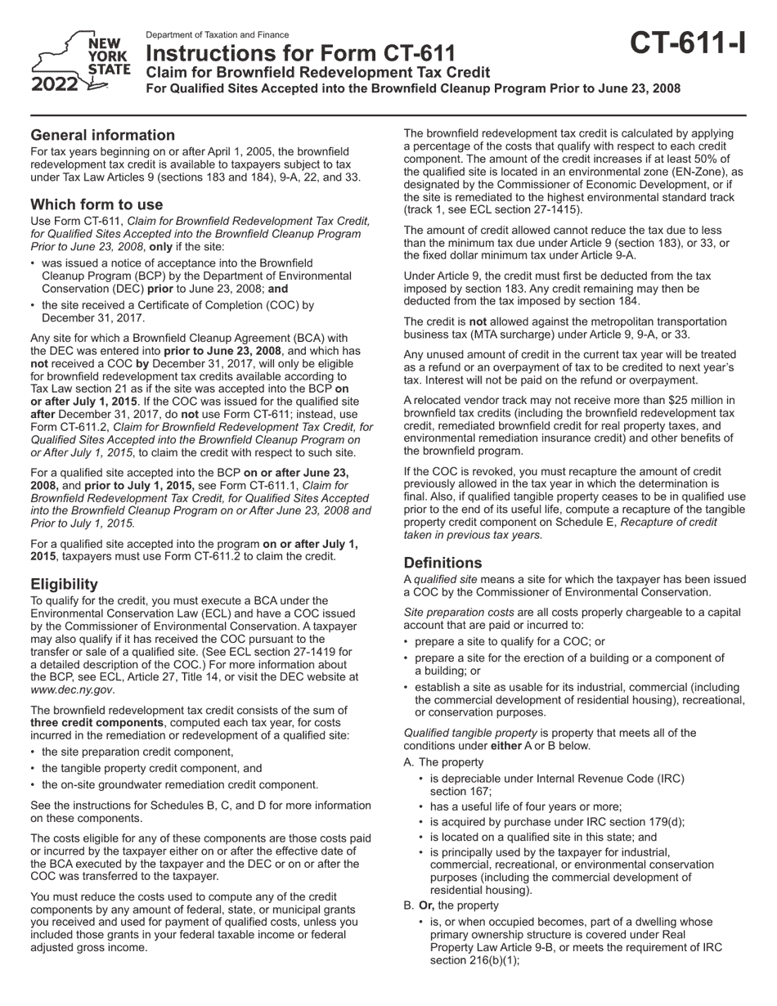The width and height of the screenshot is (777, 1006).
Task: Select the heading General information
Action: (x=102, y=135)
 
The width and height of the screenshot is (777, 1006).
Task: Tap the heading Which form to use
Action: (x=97, y=204)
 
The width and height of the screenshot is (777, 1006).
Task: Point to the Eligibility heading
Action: (x=64, y=584)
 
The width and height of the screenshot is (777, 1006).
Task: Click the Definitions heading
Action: (x=442, y=563)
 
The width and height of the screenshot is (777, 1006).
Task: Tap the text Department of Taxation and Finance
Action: (x=217, y=35)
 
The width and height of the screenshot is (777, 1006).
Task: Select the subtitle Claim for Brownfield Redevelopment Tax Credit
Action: (x=317, y=73)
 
